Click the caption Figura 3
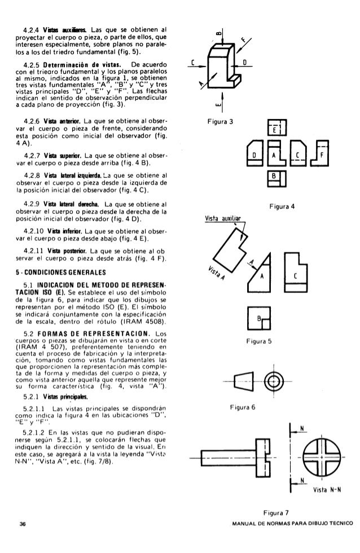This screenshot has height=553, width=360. point(221,121)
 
